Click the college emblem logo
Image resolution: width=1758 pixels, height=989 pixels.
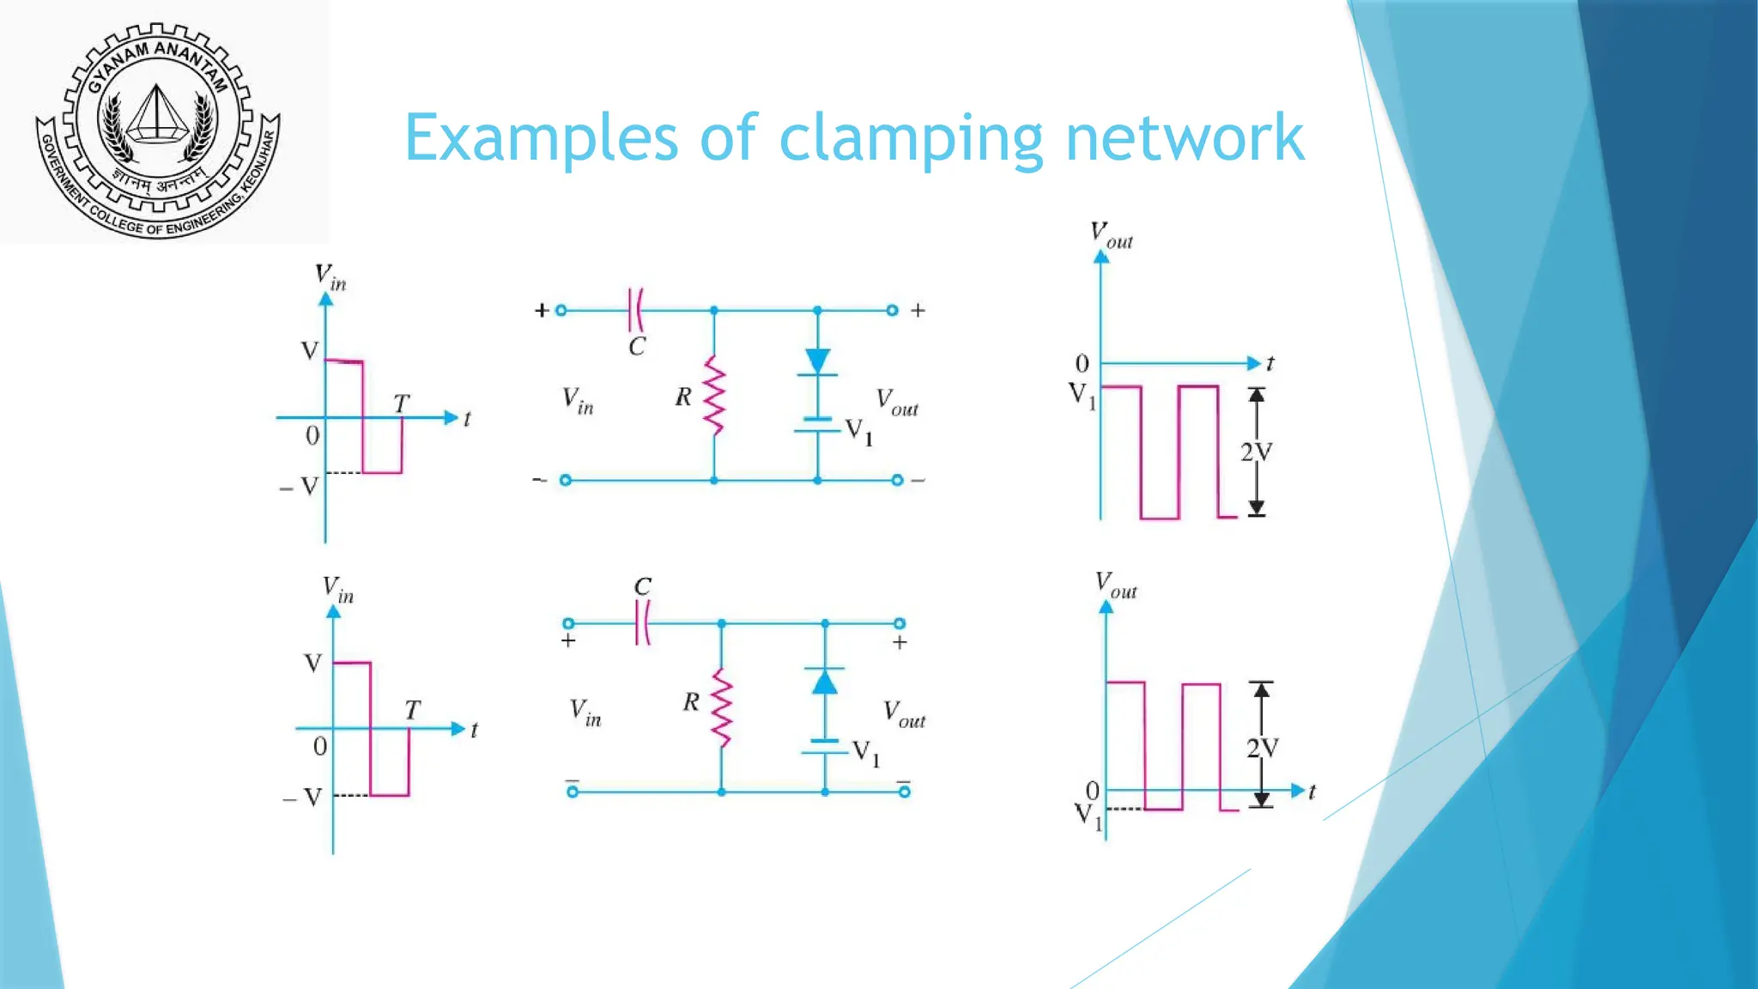coord(158,129)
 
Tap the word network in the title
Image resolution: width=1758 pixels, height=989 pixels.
coord(1185,137)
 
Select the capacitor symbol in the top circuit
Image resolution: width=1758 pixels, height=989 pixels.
coord(636,310)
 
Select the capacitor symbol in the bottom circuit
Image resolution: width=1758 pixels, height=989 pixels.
coord(643,623)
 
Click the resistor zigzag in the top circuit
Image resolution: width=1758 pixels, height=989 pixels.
coord(714,396)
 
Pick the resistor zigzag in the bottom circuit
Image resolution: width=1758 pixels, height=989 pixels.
coord(722,708)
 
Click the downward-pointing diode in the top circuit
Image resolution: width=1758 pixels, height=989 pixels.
coord(817,361)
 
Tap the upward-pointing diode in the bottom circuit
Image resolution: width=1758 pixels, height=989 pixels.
coord(825,682)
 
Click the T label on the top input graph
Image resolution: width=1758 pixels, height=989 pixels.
coord(402,403)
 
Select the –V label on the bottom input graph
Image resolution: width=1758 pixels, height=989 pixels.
coord(302,798)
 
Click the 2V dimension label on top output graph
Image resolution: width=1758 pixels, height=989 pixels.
coord(1256,452)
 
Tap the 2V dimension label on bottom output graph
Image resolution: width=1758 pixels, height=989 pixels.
coord(1262,749)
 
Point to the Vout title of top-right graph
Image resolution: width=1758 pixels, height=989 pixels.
coord(1111,234)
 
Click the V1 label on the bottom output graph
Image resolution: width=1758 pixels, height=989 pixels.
coord(1088,815)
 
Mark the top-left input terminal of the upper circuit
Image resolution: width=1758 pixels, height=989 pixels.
coord(561,311)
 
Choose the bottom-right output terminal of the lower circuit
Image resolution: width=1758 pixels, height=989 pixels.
coord(904,792)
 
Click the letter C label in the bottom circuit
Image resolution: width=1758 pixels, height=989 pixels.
coord(643,586)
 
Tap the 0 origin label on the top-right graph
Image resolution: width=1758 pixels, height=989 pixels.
coord(1082,364)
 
